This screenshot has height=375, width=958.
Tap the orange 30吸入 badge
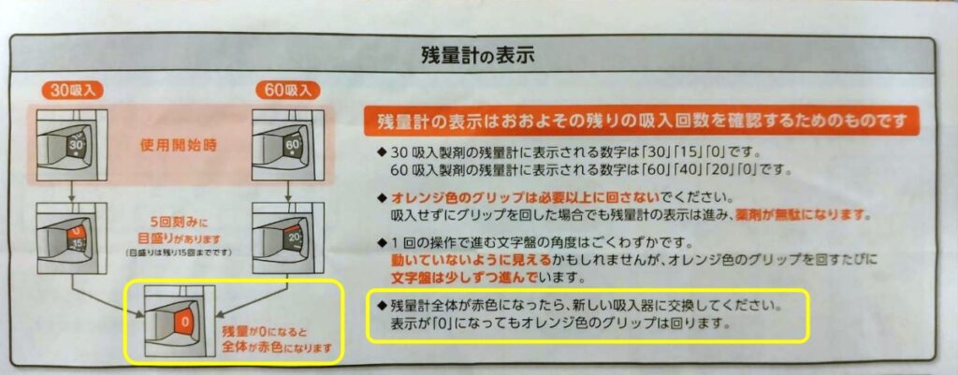click(x=71, y=91)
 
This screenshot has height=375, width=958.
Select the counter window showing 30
click(x=78, y=145)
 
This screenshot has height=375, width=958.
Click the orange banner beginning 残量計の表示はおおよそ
click(x=642, y=123)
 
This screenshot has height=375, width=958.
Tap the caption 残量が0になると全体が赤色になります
click(x=277, y=340)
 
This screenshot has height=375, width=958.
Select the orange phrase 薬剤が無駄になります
click(x=820, y=216)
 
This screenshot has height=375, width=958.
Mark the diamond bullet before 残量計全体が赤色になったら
click(x=382, y=304)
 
